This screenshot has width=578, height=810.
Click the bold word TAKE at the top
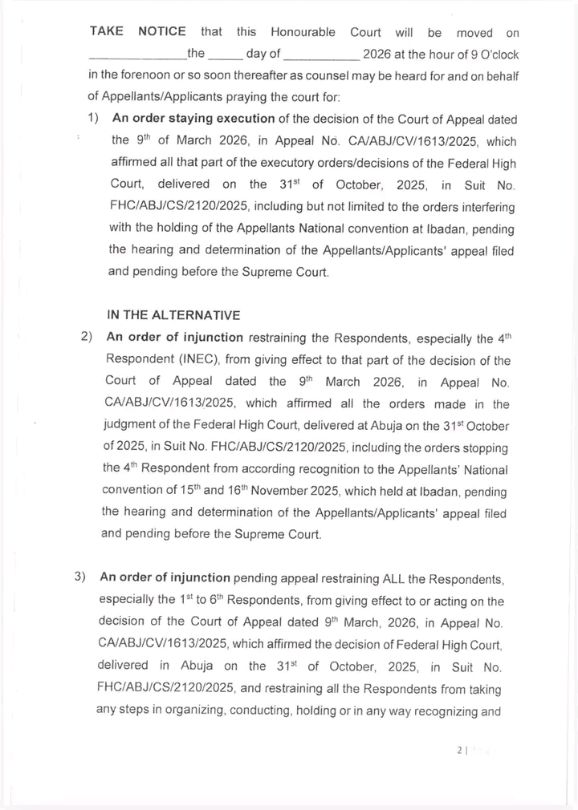point(106,32)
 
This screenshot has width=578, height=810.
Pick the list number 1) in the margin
point(93,119)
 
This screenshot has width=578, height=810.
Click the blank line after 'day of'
point(321,55)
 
